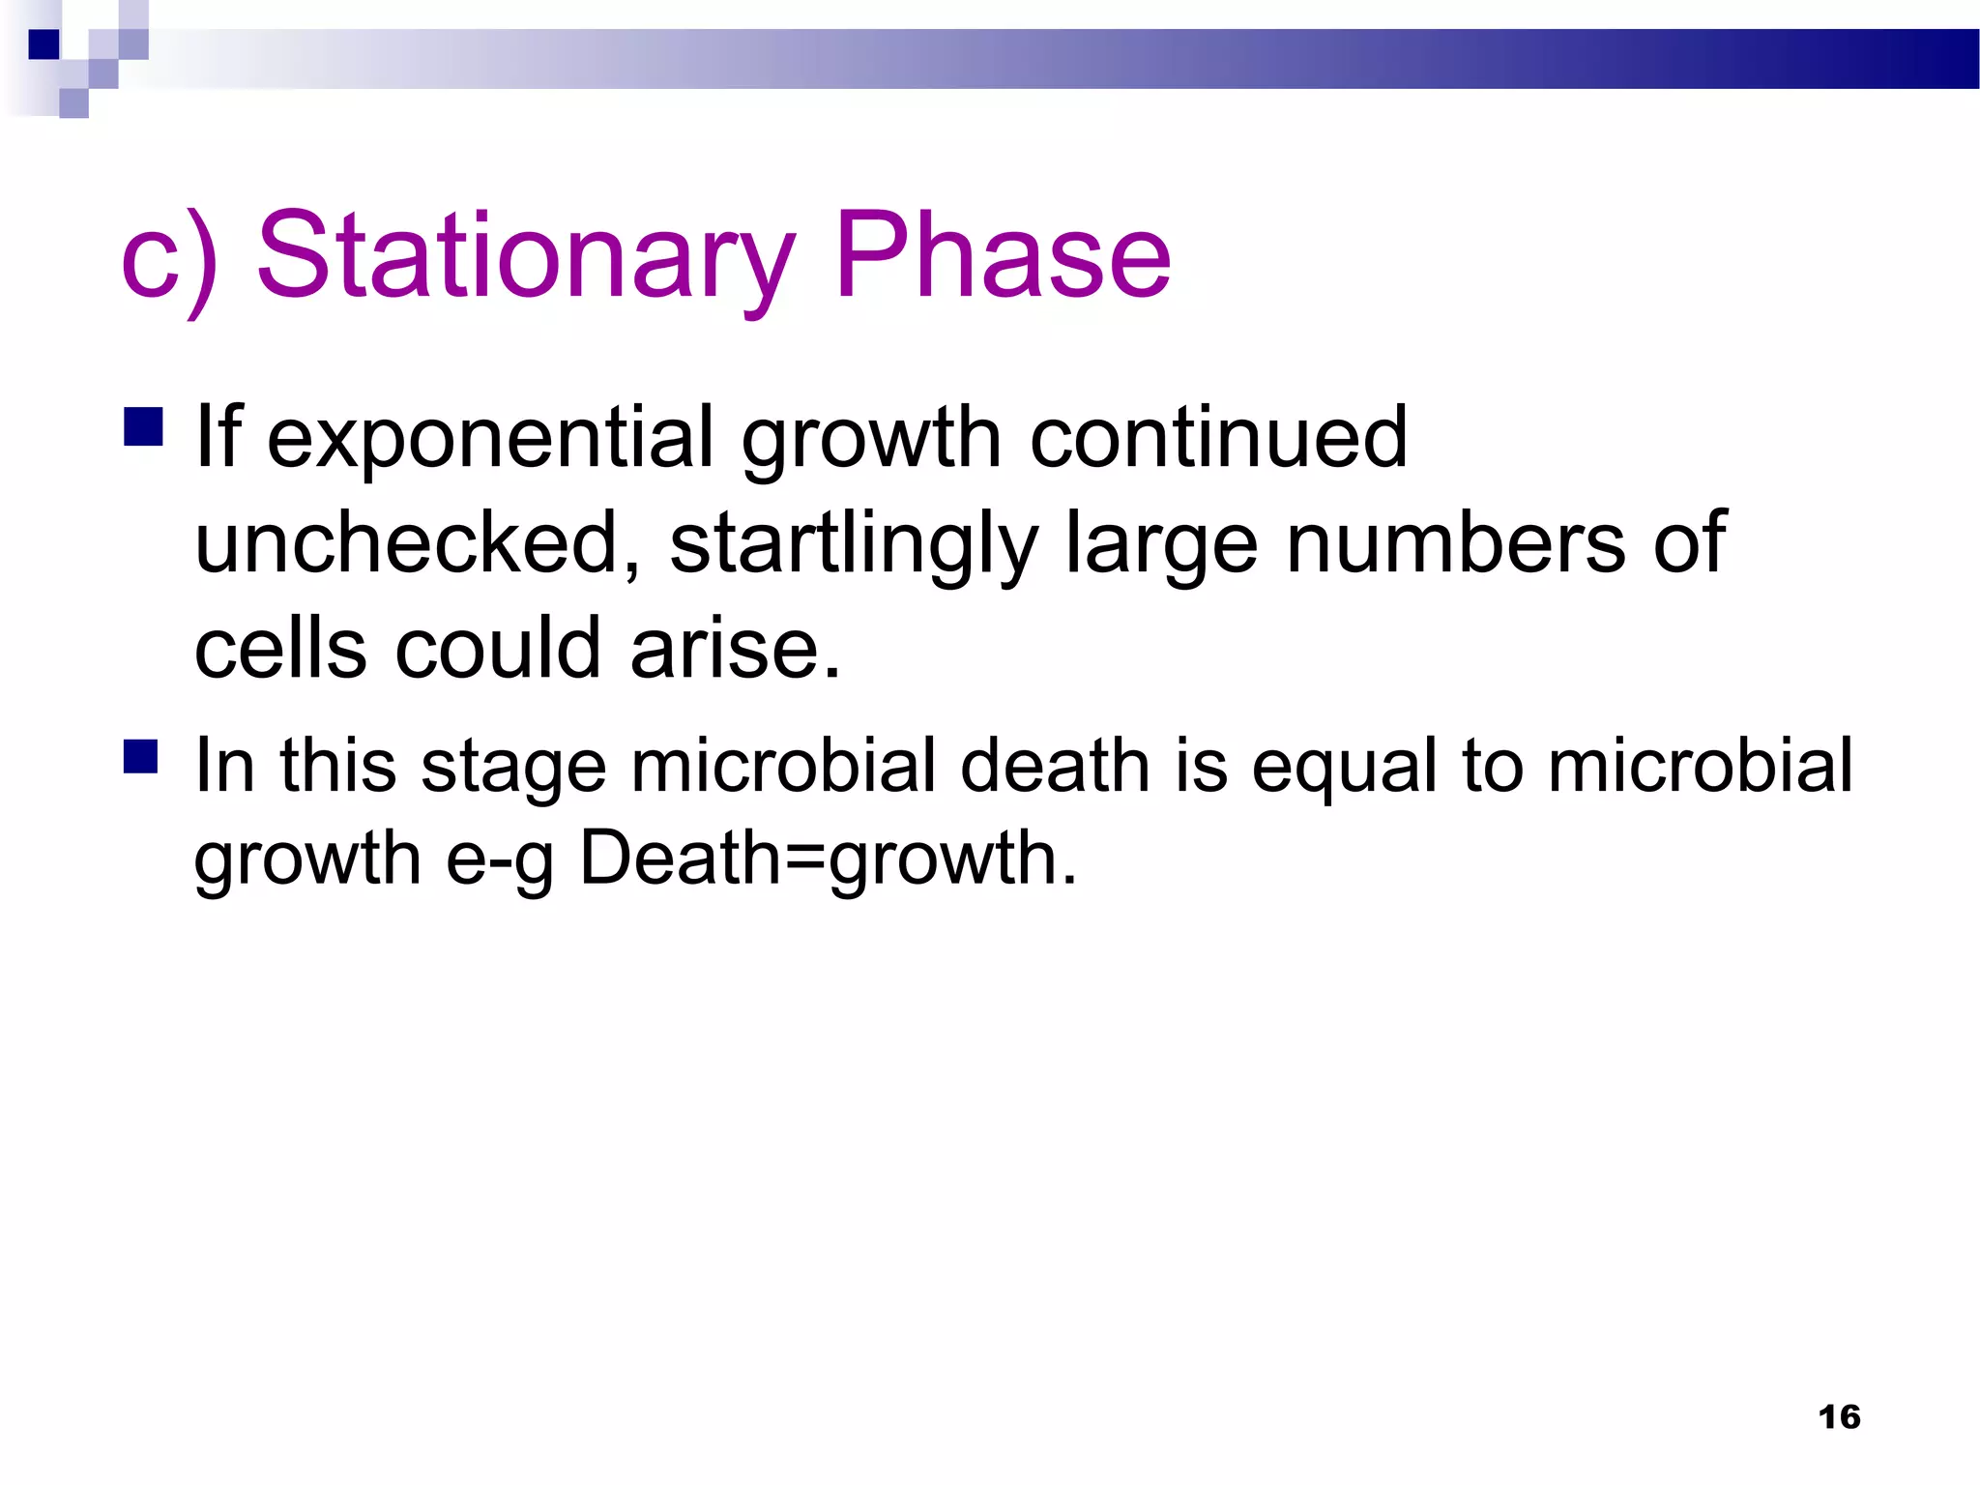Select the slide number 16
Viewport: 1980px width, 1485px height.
pyautogui.click(x=1839, y=1417)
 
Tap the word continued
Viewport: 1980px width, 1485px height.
pyautogui.click(x=1218, y=437)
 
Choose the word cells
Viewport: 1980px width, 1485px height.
pyautogui.click(x=280, y=649)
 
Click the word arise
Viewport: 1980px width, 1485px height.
pyautogui.click(x=735, y=649)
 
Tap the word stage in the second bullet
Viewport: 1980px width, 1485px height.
pyautogui.click(x=513, y=767)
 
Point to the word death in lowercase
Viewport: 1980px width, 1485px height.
pyautogui.click(x=1056, y=765)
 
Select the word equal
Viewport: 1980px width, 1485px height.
pyautogui.click(x=1345, y=767)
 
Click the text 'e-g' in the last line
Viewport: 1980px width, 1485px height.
pyautogui.click(x=500, y=859)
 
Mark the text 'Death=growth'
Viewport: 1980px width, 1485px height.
pyautogui.click(x=827, y=859)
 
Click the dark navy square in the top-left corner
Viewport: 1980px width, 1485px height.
pyautogui.click(x=44, y=44)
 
